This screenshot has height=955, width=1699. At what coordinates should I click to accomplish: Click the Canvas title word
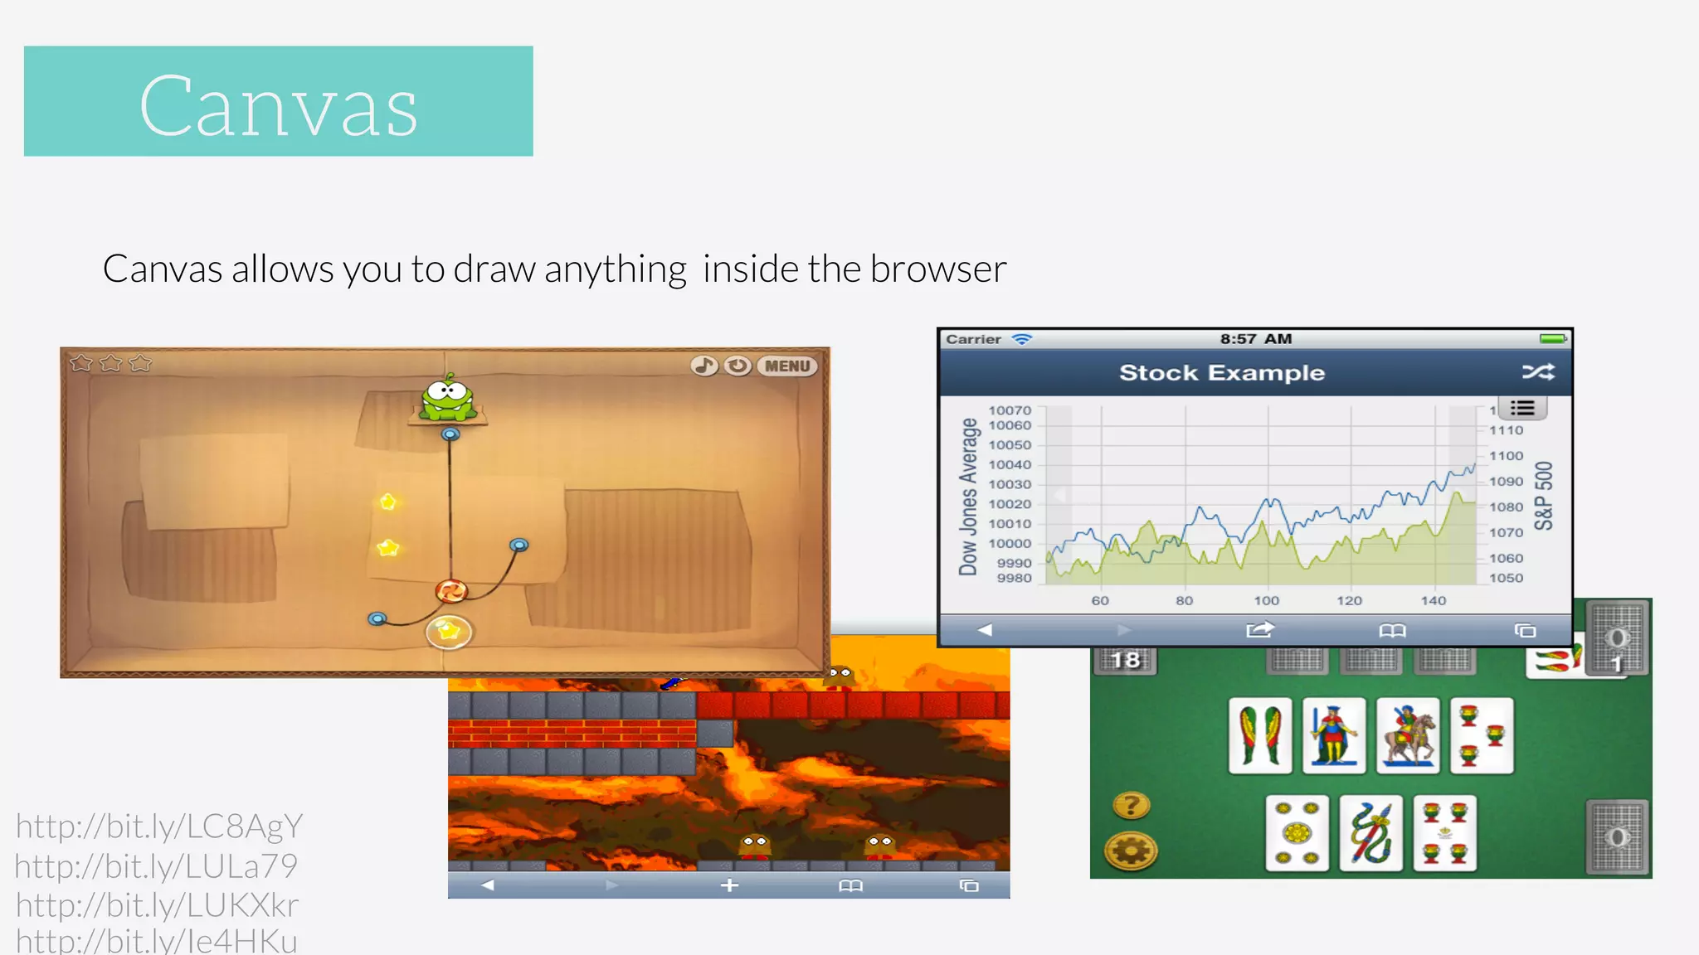click(279, 105)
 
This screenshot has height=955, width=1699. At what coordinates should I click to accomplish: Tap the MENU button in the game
click(786, 366)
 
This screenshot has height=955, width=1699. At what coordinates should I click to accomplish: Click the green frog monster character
click(448, 400)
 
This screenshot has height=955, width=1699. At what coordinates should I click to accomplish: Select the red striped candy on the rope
click(451, 591)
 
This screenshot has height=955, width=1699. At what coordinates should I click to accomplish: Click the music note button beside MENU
click(704, 366)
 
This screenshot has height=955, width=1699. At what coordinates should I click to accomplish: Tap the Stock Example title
click(1221, 373)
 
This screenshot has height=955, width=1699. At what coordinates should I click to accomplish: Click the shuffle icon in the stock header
click(1537, 372)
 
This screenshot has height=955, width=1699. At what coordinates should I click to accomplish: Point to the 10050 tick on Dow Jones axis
click(1010, 445)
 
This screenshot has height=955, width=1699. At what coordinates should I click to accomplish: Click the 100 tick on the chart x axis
click(1266, 601)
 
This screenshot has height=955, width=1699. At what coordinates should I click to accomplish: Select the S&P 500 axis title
click(1543, 496)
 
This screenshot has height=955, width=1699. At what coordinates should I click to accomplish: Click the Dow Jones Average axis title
click(968, 497)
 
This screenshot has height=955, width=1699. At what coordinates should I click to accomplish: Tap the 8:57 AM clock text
click(1255, 339)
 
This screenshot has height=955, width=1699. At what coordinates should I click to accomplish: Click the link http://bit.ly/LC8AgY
click(159, 827)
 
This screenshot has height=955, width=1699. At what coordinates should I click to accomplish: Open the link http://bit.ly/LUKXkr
click(158, 905)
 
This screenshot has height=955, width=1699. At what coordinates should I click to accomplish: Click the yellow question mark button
click(1131, 805)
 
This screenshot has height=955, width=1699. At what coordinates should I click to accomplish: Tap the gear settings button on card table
click(1131, 851)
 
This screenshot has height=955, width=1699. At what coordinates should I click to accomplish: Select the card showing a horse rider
click(1408, 735)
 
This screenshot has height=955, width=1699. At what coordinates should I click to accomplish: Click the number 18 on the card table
click(1125, 661)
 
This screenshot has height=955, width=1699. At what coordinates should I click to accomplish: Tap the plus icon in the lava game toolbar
click(729, 885)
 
